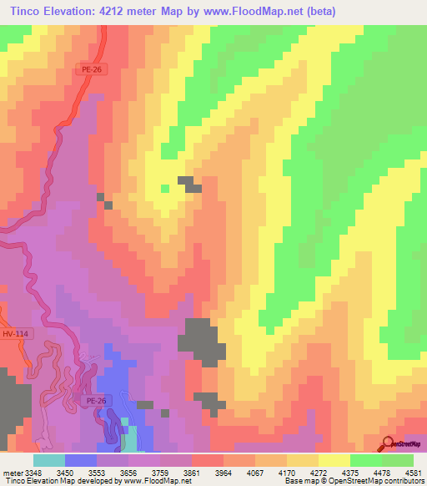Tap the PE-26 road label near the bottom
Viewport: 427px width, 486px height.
pyautogui.click(x=97, y=402)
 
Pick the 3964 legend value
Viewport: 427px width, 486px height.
pyautogui.click(x=209, y=472)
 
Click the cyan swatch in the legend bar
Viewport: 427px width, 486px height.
pyautogui.click(x=49, y=460)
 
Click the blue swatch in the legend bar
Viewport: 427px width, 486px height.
pyautogui.click(x=81, y=460)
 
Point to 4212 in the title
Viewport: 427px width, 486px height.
pyautogui.click(x=139, y=11)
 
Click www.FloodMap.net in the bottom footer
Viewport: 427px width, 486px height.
pyautogui.click(x=153, y=481)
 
